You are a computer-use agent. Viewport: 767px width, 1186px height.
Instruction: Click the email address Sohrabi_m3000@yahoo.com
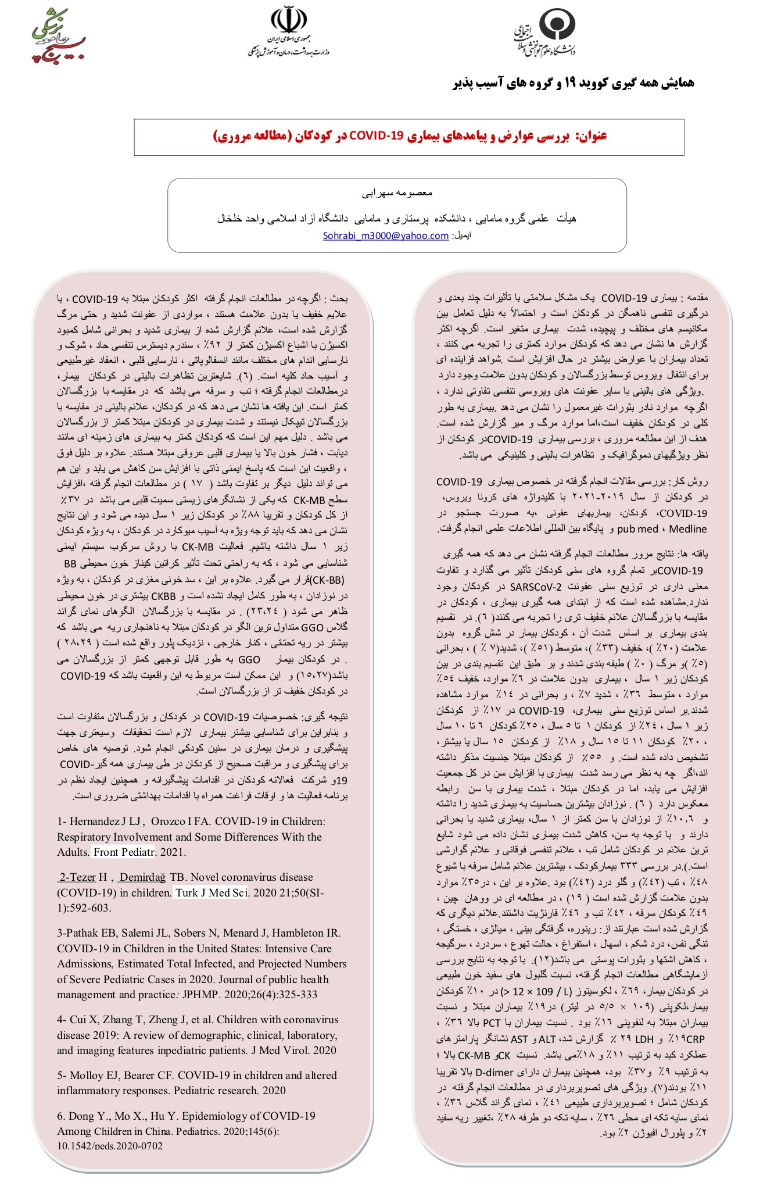(x=385, y=236)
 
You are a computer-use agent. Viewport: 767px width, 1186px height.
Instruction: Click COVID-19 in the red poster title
(x=376, y=136)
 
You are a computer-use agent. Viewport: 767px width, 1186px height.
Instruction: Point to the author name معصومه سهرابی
(x=397, y=192)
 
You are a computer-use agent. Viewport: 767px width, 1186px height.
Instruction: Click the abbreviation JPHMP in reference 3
(x=199, y=995)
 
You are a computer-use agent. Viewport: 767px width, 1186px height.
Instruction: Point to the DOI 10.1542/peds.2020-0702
(x=110, y=1146)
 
